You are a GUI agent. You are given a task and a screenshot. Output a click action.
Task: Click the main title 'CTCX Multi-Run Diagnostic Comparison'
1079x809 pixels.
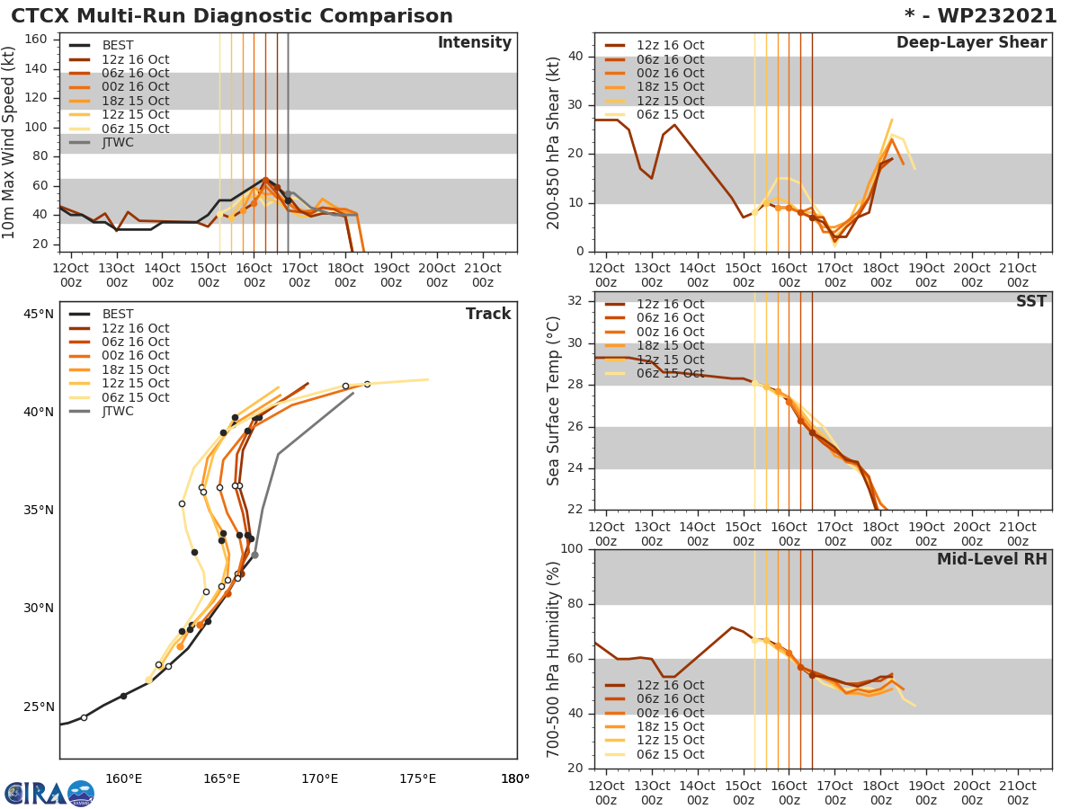click(232, 16)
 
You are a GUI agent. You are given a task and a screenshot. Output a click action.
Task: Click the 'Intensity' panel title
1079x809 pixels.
click(474, 43)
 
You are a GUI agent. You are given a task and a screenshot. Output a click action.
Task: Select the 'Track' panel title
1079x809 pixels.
click(488, 314)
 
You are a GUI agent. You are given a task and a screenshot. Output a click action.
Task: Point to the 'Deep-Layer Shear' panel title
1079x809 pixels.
click(971, 43)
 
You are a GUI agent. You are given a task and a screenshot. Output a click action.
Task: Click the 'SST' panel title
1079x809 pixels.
click(1030, 301)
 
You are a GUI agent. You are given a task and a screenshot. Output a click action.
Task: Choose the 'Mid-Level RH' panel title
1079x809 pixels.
click(992, 559)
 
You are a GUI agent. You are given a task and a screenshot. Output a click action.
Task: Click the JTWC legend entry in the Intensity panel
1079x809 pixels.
click(118, 142)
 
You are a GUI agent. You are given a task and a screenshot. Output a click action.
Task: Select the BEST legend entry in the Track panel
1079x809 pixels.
click(118, 314)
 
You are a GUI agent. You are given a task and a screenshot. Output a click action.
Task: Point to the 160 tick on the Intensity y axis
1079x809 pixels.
click(36, 40)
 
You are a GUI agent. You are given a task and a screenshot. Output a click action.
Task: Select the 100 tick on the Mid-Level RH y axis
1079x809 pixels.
click(571, 549)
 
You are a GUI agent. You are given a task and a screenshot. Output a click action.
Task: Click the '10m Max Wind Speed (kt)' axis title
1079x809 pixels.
click(10, 143)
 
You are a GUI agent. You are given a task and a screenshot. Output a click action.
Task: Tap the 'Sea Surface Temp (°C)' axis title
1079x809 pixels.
click(554, 400)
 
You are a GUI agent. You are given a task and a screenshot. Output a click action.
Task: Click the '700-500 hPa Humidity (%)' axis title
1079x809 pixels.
click(554, 659)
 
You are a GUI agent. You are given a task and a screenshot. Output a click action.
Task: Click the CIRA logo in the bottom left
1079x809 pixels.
click(49, 793)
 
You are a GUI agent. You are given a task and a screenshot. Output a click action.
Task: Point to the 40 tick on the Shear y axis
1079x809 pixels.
click(575, 57)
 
